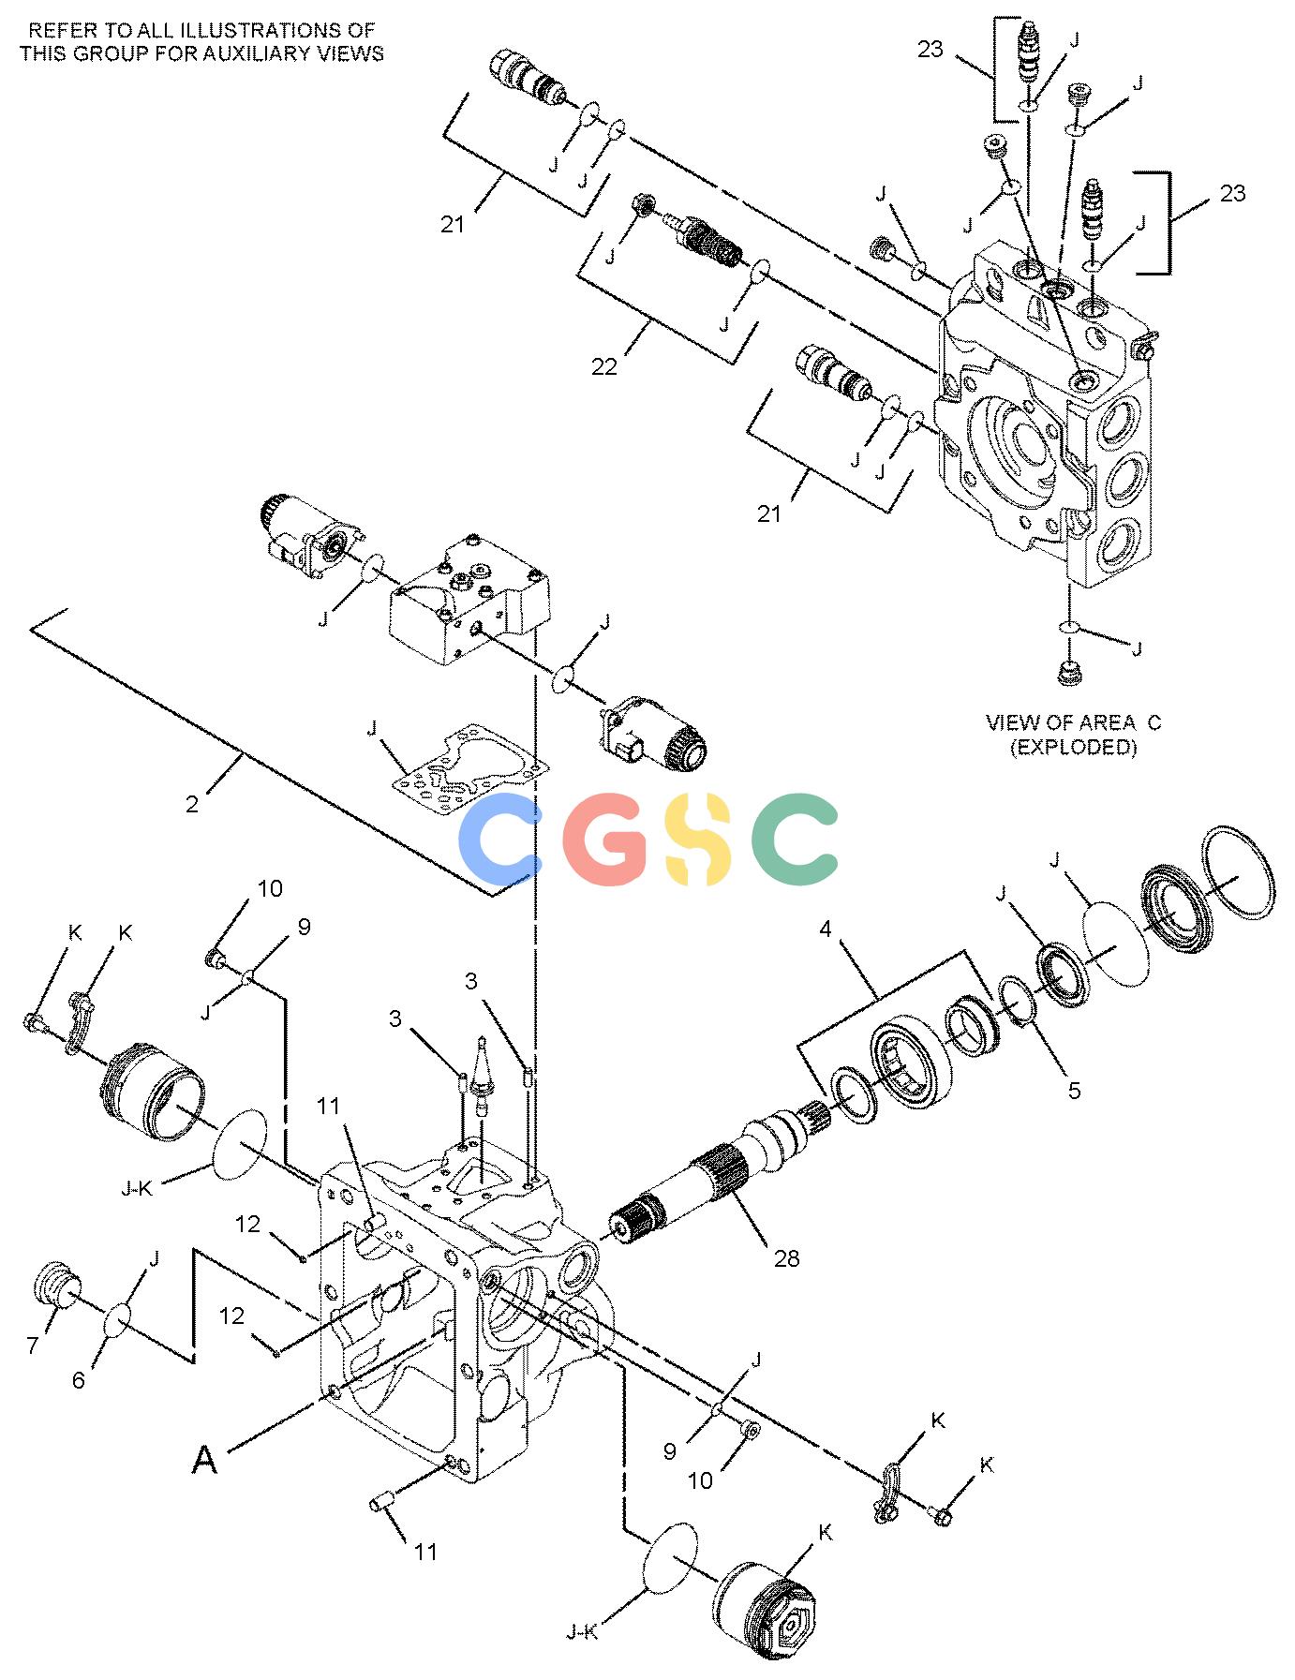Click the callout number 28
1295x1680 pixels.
[786, 1257]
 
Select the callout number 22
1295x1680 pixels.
[604, 366]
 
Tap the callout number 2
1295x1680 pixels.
[192, 804]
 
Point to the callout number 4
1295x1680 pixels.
[826, 929]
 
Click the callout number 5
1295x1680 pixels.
[1075, 1090]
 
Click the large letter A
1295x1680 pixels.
[204, 1459]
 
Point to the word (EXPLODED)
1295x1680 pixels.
[1073, 748]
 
